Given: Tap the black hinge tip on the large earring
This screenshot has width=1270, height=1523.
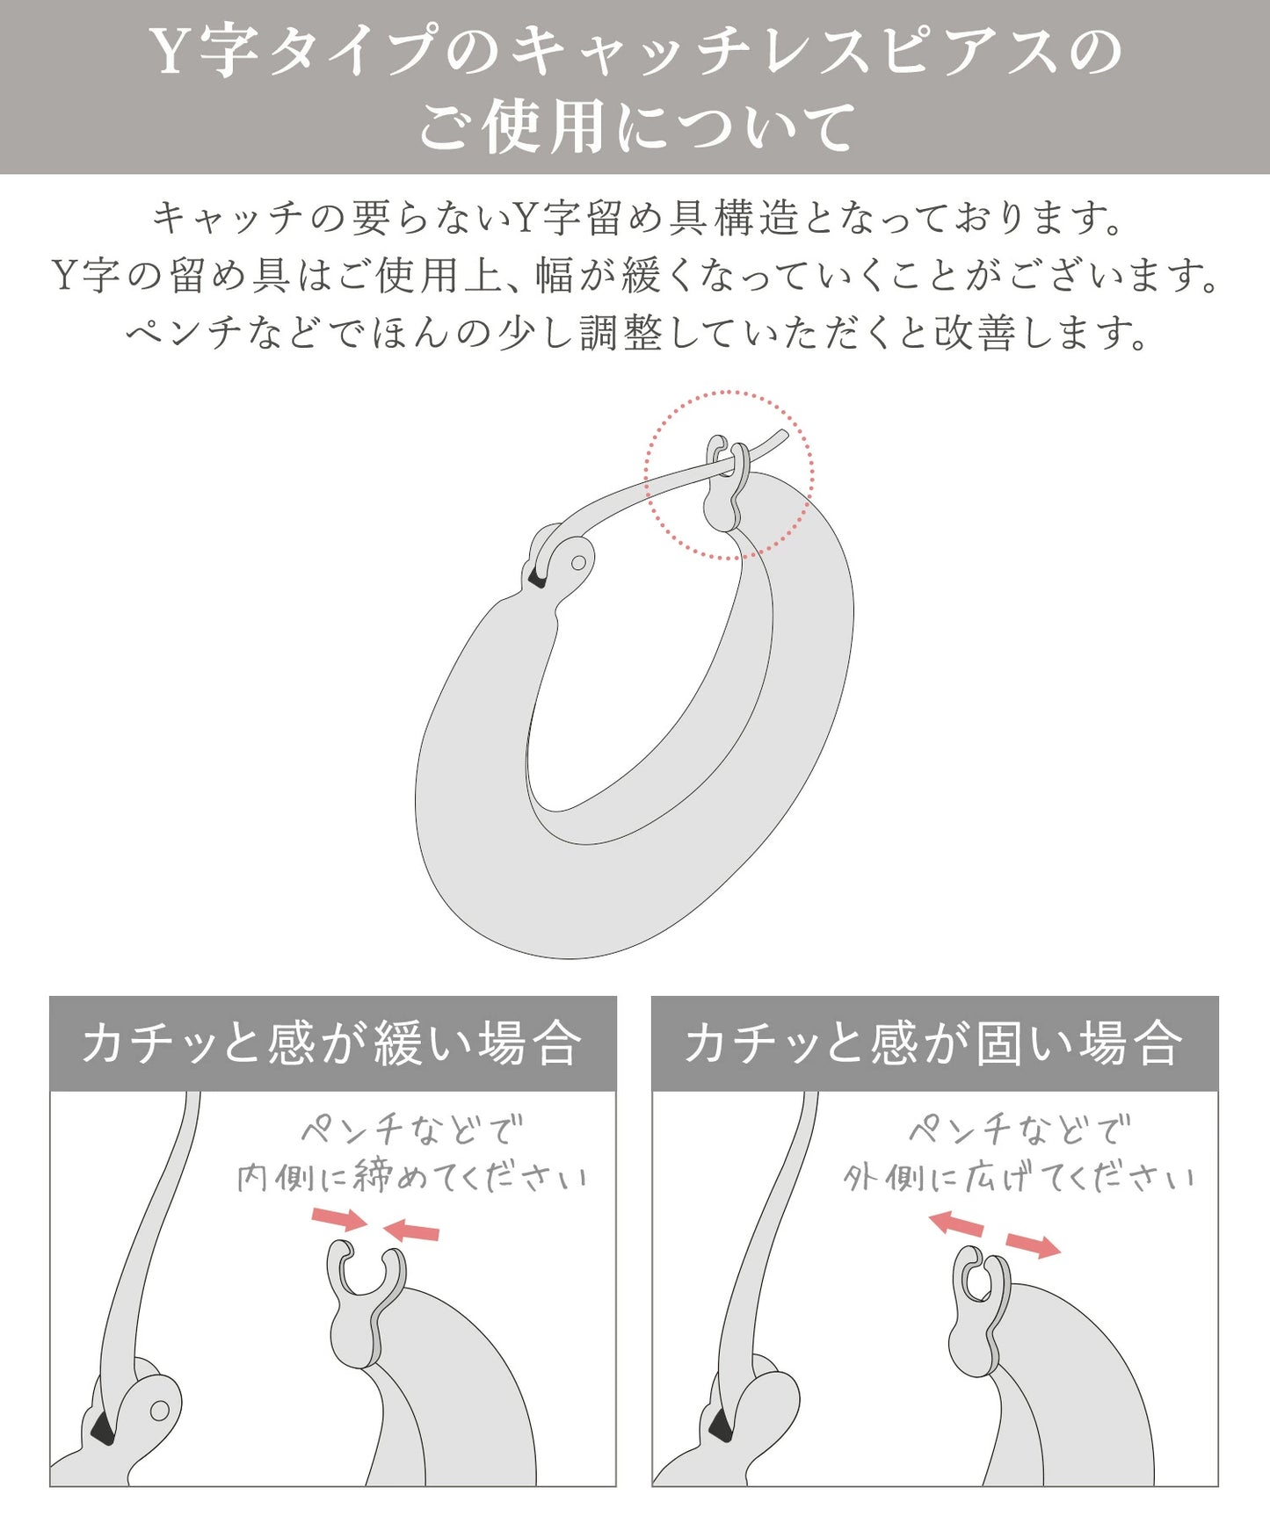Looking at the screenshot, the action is point(535,580).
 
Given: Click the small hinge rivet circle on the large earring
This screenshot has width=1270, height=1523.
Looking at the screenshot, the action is point(579,563).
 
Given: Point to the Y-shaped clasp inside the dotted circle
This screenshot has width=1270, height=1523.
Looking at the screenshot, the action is point(728,483).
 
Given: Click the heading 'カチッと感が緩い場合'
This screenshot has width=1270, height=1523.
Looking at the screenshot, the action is point(332,1043).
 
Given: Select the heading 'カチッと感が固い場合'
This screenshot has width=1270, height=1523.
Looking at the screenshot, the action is point(934,1043).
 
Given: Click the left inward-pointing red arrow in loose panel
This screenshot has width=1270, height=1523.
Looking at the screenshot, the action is point(339,1219).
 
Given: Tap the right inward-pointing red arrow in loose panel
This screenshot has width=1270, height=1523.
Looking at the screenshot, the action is point(411,1230).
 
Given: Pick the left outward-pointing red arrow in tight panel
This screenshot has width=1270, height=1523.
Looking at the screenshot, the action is point(957,1223).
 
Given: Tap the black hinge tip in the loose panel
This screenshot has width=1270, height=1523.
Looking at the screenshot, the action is point(103,1429).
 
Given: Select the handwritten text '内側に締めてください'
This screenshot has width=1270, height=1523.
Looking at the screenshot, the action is point(412,1177).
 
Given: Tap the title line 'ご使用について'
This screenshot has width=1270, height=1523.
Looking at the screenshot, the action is point(635,126).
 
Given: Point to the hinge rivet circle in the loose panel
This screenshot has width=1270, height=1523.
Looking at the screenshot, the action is point(159,1411).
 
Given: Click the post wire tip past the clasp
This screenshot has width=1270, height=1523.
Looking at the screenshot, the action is point(783,433).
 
